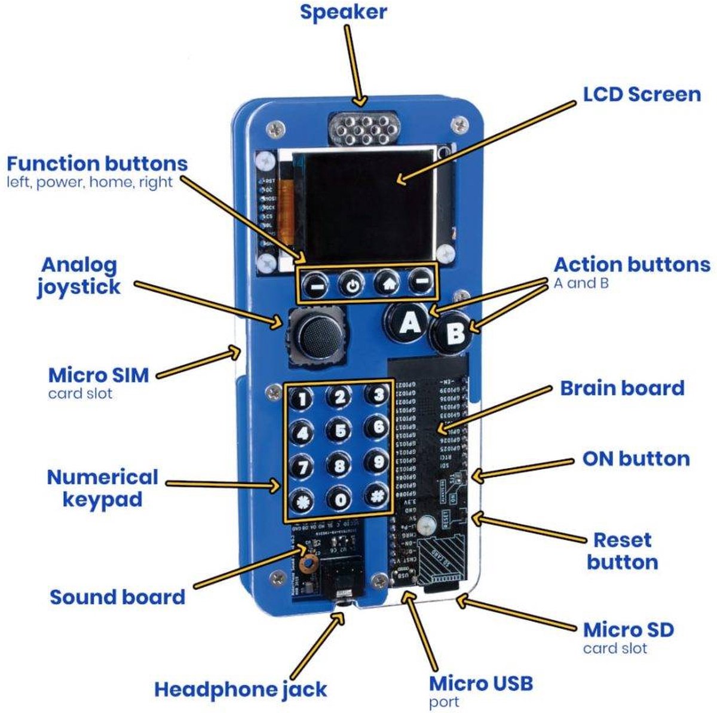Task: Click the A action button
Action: (x=409, y=323)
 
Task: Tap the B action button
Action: (x=455, y=333)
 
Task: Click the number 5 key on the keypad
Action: (x=339, y=430)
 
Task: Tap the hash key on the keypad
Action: (x=377, y=497)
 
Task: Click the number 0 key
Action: (x=339, y=498)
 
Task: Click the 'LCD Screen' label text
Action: (x=642, y=94)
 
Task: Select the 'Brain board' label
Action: (x=622, y=388)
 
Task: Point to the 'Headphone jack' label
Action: (x=240, y=689)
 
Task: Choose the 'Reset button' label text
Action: (x=622, y=551)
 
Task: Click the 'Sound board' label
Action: (x=117, y=596)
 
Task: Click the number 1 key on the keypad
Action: (x=302, y=398)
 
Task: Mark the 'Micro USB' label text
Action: (x=481, y=683)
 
